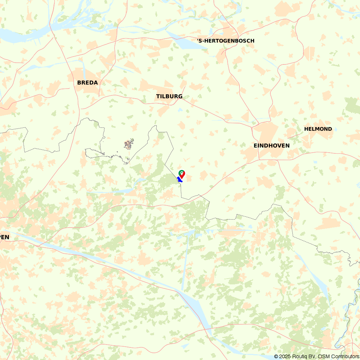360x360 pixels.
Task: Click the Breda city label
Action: coord(87,82)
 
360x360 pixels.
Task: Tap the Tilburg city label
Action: coord(169,96)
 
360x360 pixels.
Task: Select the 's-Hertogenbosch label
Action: coord(226,41)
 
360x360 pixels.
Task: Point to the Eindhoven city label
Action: coord(271,145)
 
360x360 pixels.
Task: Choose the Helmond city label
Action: coord(318,129)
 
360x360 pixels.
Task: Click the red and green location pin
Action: coord(182,174)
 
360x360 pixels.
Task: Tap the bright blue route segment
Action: coord(179,179)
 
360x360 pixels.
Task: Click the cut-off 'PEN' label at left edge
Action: coord(4,237)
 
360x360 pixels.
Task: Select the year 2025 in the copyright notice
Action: coord(286,356)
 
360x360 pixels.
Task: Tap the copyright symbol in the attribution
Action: coord(276,356)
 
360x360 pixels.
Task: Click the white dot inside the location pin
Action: coord(182,173)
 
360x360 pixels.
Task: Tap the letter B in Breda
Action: coord(79,82)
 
